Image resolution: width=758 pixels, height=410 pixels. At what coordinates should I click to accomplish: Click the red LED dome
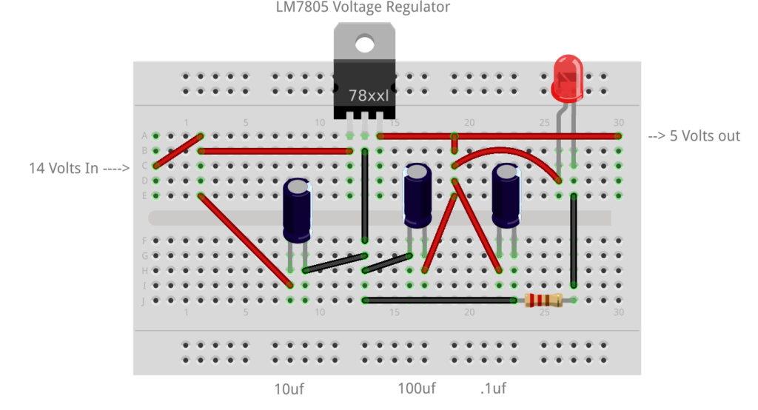[568, 77]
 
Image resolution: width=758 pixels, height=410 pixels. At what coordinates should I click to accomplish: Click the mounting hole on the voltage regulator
[364, 44]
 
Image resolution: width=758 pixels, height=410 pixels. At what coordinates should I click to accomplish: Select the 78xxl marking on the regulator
[369, 95]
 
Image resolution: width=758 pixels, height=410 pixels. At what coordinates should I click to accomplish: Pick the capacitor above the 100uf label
[417, 196]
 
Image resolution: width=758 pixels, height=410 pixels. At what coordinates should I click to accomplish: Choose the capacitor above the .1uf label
[506, 196]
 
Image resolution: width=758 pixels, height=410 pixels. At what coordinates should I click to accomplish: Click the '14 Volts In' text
[74, 168]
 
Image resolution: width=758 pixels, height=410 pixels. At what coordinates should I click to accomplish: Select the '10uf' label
[289, 389]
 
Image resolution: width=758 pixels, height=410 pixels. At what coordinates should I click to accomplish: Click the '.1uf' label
[493, 389]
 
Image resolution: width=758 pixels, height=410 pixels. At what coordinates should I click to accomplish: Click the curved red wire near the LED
[511, 153]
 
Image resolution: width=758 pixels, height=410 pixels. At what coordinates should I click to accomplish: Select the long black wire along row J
[440, 300]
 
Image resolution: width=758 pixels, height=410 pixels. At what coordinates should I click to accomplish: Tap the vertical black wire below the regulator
[364, 196]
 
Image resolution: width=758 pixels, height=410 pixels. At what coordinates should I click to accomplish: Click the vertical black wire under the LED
[574, 241]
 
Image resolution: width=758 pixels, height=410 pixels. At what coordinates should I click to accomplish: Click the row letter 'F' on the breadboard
[144, 241]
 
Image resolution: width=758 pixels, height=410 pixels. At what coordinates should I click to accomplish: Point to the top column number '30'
[619, 123]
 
